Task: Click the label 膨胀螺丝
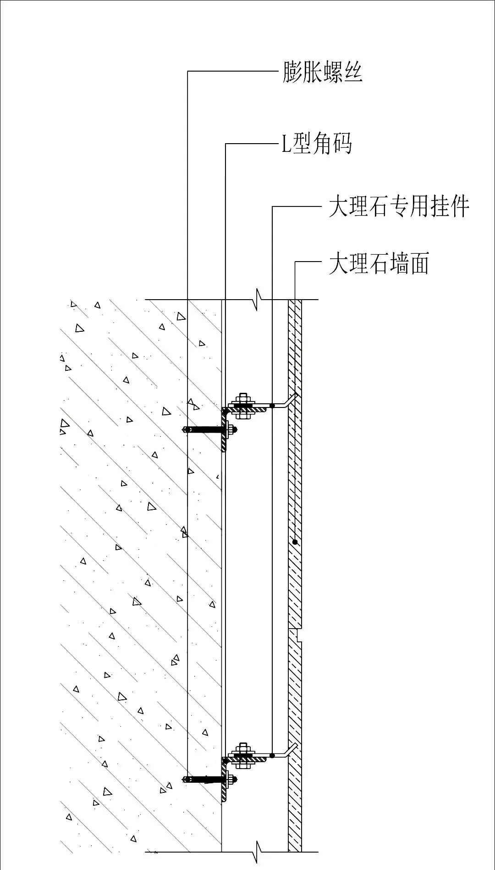point(322,72)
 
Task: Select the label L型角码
point(316,144)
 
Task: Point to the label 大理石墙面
point(379,264)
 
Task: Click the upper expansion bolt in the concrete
point(206,430)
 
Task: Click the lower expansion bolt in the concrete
point(206,779)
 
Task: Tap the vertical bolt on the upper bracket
point(243,406)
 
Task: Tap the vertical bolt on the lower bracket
point(243,755)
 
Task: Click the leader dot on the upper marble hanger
point(272,406)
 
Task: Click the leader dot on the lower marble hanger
point(272,755)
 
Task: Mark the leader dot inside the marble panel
point(295,542)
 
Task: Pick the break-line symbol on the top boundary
point(258,300)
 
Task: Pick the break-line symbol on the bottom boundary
point(258,852)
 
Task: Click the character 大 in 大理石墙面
point(337,264)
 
